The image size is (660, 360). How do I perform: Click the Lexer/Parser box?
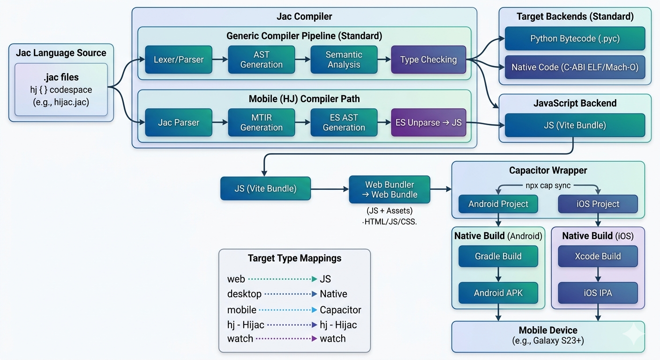(178, 60)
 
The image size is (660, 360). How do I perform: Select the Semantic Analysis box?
(344, 60)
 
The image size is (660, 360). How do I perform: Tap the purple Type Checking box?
(428, 60)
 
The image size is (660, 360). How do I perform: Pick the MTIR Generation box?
(261, 122)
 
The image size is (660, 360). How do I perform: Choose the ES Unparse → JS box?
(428, 122)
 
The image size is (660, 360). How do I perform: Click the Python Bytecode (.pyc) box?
(575, 38)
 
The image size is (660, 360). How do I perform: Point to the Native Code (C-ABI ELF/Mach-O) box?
(575, 67)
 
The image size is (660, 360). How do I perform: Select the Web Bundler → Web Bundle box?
(390, 189)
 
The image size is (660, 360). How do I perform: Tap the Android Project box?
(498, 204)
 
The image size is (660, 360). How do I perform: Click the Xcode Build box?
(598, 256)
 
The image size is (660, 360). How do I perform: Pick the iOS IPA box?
(598, 293)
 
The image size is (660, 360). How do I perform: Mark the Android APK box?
(498, 293)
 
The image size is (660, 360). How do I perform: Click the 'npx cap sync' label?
(548, 185)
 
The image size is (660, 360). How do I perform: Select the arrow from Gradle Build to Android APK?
(498, 274)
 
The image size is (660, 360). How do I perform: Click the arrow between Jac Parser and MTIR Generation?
(220, 122)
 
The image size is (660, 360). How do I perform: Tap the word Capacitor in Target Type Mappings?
(340, 310)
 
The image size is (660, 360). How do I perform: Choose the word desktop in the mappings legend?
(244, 294)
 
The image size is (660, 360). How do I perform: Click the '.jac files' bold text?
(61, 77)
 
